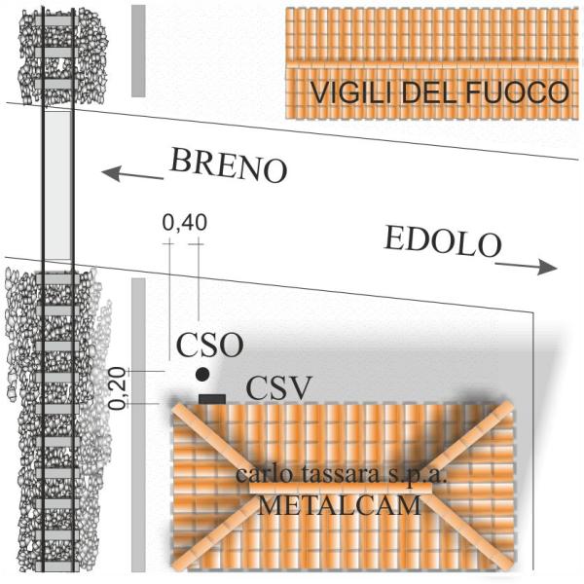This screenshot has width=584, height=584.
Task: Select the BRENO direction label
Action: click(x=230, y=165)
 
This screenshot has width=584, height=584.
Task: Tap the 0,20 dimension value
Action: click(x=118, y=387)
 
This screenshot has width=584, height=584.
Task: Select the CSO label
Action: click(x=209, y=345)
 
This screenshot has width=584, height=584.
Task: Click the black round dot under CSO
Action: click(x=201, y=375)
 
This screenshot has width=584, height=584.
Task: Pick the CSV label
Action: click(x=278, y=388)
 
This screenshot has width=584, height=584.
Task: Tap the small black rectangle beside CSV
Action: click(x=211, y=398)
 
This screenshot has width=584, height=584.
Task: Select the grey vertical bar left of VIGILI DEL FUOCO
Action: click(x=138, y=51)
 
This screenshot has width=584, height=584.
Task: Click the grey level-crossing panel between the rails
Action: click(x=59, y=190)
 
